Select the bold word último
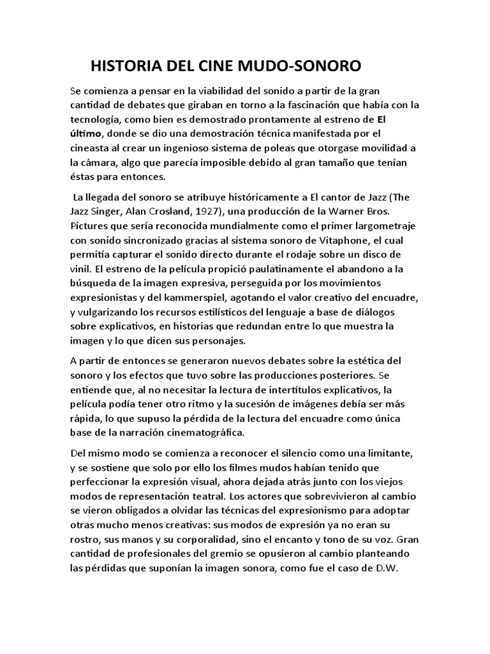pos(86,133)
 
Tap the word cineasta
pos(91,148)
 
